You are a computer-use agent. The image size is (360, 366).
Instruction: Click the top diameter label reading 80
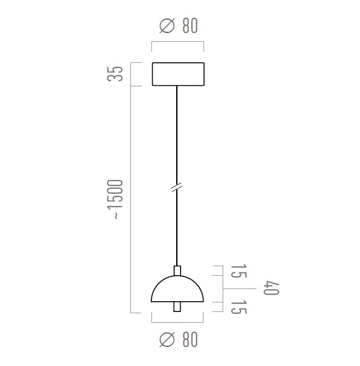tap(190, 25)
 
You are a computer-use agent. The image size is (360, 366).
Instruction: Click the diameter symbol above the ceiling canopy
tap(167, 25)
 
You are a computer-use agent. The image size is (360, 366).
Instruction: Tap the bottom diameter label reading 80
tap(190, 339)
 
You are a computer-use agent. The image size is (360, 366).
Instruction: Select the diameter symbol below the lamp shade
tap(167, 339)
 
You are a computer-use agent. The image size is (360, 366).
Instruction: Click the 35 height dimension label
tap(115, 74)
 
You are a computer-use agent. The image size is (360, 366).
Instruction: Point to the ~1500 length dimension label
tap(115, 199)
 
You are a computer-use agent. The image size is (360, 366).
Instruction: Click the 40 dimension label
tap(271, 288)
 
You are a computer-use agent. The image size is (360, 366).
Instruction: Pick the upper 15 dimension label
tap(239, 271)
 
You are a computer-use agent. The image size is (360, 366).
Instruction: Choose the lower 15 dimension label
tap(239, 307)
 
